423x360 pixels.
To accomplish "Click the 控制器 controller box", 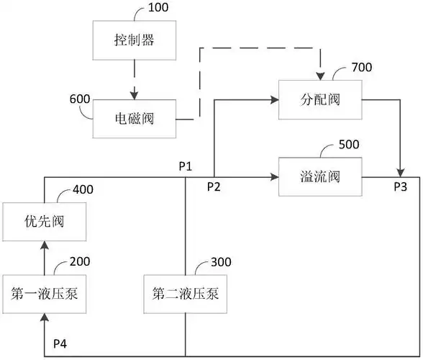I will [134, 40].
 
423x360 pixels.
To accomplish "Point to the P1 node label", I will [186, 166].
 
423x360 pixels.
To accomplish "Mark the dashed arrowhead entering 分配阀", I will [319, 75].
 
